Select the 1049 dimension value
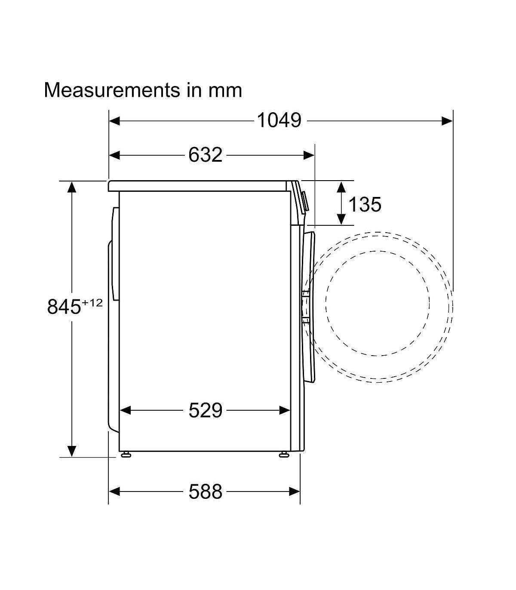click(x=279, y=120)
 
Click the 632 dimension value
click(x=205, y=155)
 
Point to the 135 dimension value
click(x=365, y=204)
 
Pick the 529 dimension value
click(x=205, y=410)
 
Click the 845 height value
click(x=64, y=307)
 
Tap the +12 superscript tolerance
click(x=92, y=303)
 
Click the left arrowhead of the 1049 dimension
click(x=114, y=121)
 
